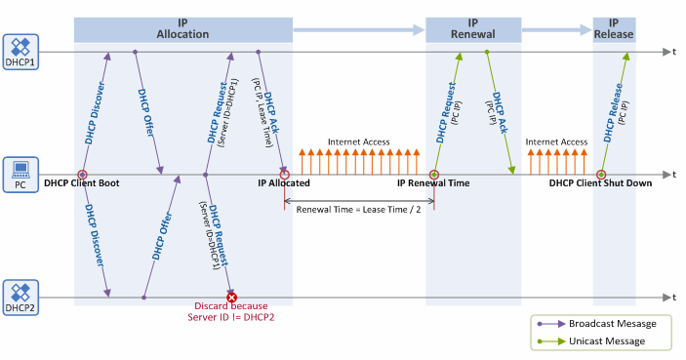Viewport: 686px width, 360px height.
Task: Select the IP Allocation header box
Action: coord(182,28)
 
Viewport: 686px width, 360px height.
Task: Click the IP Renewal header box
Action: coord(472,28)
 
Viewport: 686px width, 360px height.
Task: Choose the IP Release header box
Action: coord(614,28)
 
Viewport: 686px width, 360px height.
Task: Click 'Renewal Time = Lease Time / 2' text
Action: coord(358,209)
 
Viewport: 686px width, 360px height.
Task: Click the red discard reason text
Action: coord(232,311)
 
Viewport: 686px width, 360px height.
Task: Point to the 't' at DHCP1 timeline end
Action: coord(672,51)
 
